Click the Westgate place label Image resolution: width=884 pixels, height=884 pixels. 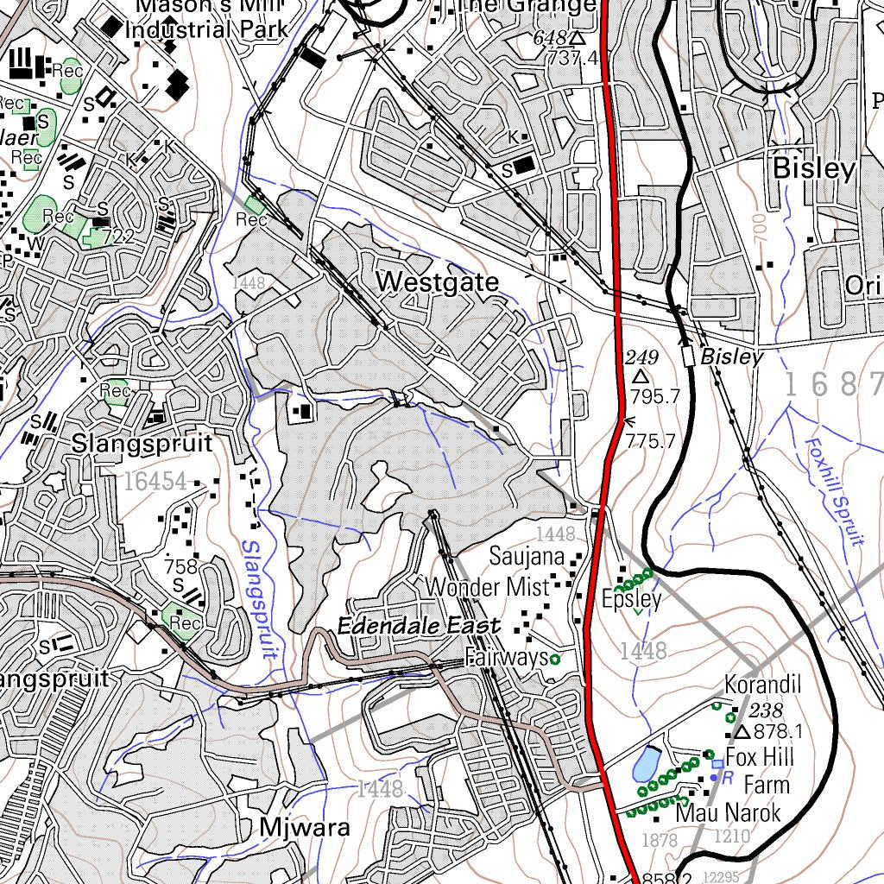438,282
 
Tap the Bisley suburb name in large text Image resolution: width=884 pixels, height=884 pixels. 813,168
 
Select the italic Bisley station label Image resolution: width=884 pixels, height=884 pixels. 731,357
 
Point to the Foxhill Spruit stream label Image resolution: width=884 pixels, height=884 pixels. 834,492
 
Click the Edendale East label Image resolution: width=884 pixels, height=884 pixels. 418,627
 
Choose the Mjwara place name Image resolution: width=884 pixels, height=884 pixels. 305,828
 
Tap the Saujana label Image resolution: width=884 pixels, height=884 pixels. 527,557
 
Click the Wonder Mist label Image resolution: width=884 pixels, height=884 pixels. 488,588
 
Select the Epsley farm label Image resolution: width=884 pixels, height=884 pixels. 632,599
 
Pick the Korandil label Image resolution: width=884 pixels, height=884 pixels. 763,685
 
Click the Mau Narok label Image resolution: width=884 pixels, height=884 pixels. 728,813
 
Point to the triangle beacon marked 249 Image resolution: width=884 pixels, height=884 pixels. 641,377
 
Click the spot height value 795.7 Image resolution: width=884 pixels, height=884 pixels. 655,397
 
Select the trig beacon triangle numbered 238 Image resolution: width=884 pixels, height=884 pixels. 743,733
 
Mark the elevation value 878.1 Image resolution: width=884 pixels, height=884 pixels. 779,733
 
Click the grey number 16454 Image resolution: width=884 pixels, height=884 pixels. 155,482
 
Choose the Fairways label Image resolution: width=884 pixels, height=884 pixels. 507,659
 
